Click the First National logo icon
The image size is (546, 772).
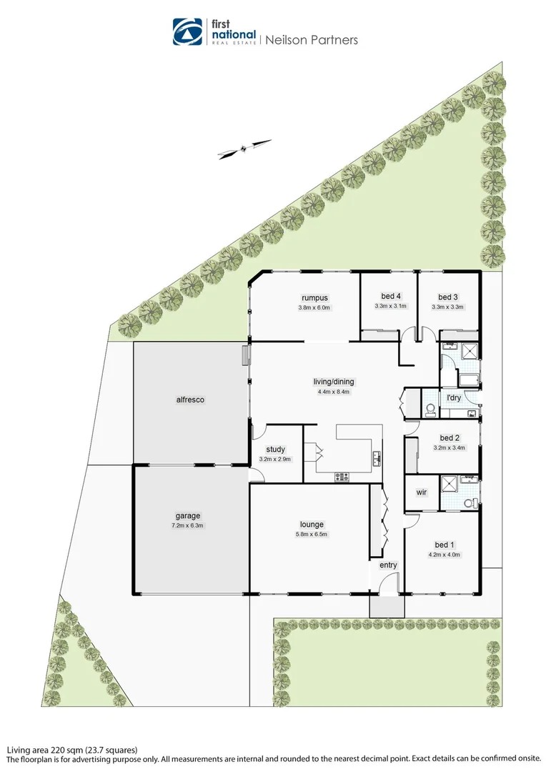point(188,31)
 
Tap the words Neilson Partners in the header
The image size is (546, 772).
point(312,40)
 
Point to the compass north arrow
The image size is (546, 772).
point(244,148)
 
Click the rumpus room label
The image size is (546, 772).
point(314,297)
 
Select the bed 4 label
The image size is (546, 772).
point(390,297)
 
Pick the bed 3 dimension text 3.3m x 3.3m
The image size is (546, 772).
point(447,307)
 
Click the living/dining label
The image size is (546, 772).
point(334,381)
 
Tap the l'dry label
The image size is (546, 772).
point(454,397)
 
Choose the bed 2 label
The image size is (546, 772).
point(449,438)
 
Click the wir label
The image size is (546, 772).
point(421,493)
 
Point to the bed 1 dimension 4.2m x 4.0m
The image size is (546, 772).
point(445,554)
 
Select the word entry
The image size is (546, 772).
point(388,565)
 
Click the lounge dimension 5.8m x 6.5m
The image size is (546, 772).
point(313,534)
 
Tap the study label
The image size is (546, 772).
point(275,450)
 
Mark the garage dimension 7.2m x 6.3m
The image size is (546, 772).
point(188,525)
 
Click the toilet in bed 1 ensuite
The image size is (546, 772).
point(470,503)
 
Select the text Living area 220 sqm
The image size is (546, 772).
point(47,750)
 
